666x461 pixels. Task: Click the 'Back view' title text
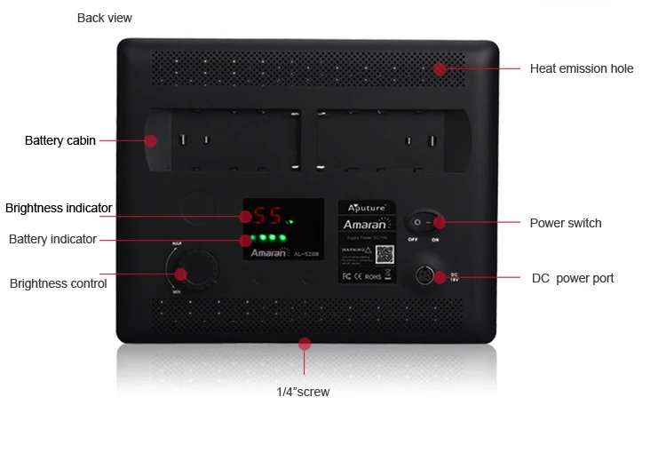tap(104, 18)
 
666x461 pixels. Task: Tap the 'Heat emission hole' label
tap(582, 68)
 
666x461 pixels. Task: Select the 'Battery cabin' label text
tap(59, 140)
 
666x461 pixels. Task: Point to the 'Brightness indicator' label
tap(59, 208)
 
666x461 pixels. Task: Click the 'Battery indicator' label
tap(52, 239)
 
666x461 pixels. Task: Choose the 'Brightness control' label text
tap(58, 283)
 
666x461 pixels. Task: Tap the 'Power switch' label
tap(565, 223)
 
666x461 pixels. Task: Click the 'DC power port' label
tap(572, 278)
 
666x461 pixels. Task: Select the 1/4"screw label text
tap(302, 392)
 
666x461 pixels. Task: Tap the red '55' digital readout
tap(267, 216)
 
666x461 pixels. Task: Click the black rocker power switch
tap(424, 223)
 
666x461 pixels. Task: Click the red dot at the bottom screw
tap(305, 343)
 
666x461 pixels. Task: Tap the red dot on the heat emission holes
tap(439, 68)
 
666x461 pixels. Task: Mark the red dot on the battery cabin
tap(151, 140)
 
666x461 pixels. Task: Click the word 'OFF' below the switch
tap(413, 240)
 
